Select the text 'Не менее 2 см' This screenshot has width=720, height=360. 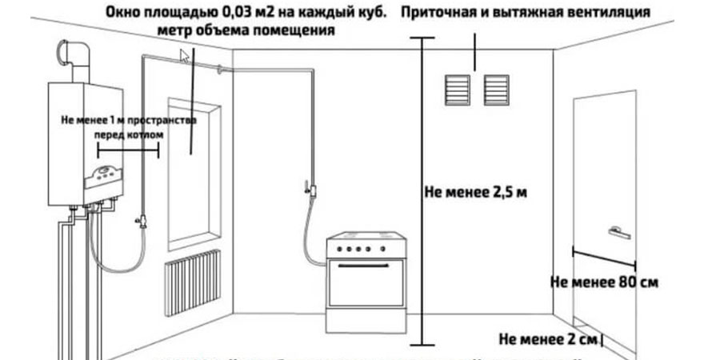[x=548, y=338]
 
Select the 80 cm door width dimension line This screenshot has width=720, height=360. [x=605, y=257]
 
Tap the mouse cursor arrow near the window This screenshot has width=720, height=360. [x=186, y=55]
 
